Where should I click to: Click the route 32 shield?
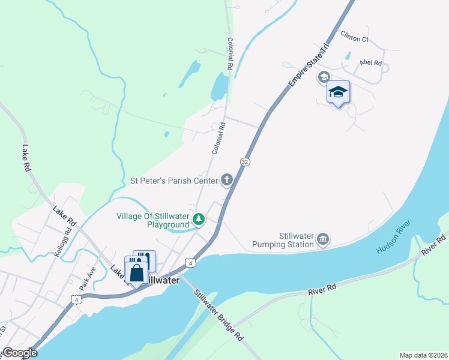(245, 162)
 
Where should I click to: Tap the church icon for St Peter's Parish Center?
(227, 179)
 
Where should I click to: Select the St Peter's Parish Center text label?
(174, 180)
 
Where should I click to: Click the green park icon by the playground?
(199, 220)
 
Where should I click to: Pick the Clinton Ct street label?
(354, 39)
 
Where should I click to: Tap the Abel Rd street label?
(370, 62)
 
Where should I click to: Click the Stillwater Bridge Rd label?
(218, 315)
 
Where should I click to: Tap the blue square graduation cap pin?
(338, 92)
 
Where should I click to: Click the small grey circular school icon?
(324, 77)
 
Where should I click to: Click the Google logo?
(20, 353)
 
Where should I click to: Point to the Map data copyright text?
(423, 355)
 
